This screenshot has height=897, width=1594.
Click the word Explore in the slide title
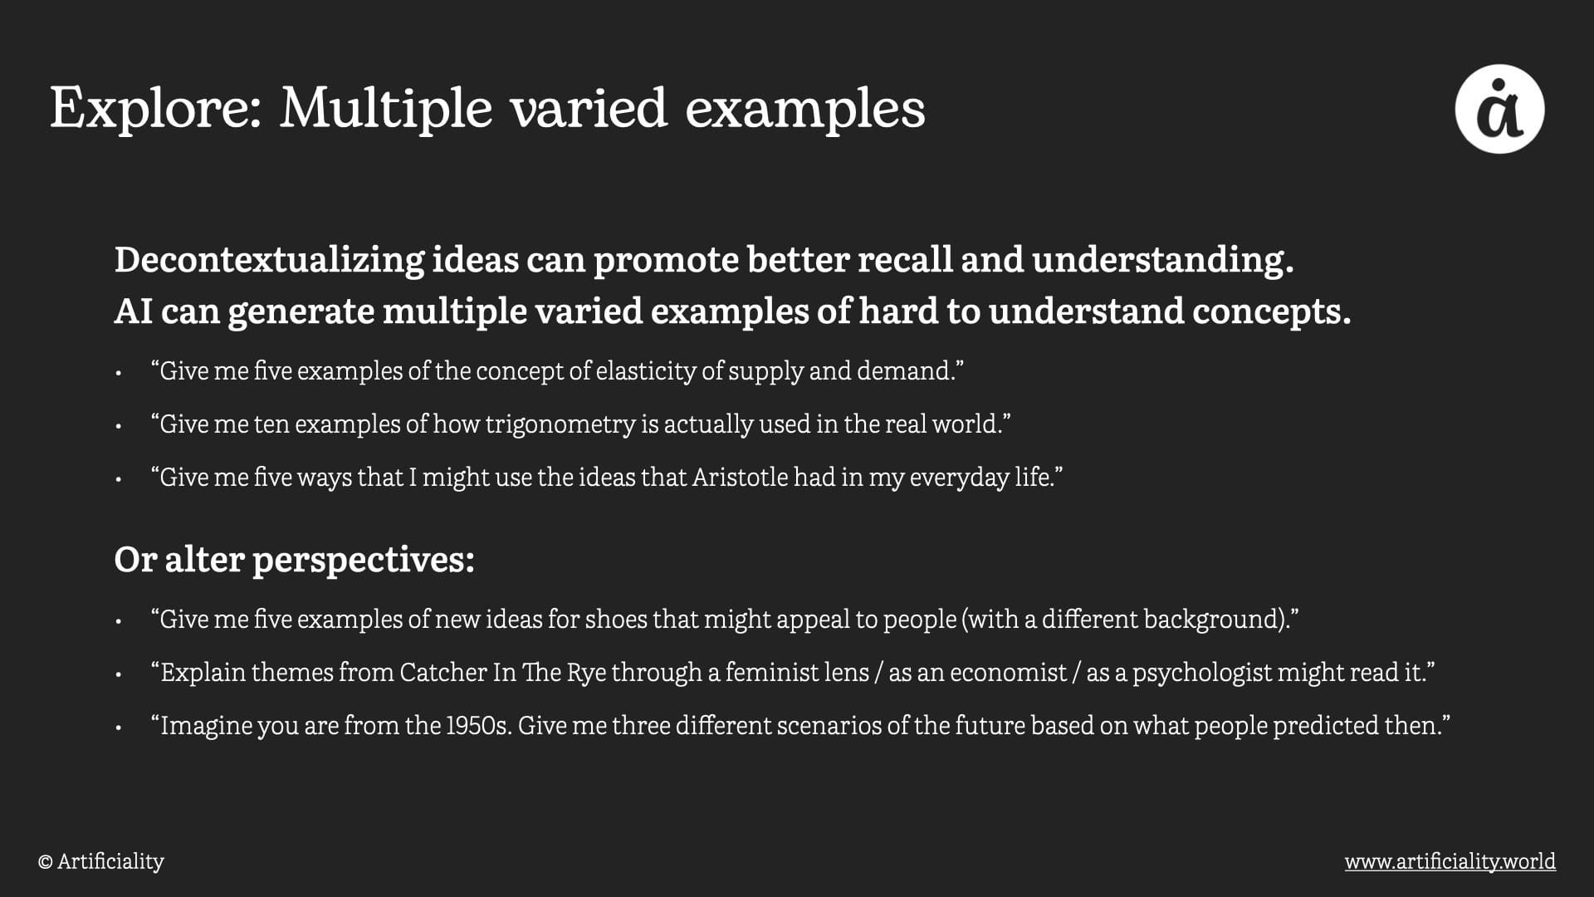click(156, 108)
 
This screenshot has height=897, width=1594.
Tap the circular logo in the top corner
click(1499, 109)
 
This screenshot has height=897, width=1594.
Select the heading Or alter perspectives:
click(294, 561)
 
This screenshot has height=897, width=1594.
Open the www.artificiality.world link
click(1450, 861)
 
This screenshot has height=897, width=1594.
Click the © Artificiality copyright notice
click(100, 861)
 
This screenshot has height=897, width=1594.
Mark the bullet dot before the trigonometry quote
click(119, 427)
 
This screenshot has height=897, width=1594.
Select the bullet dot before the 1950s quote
click(119, 728)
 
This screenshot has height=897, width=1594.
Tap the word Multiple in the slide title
click(386, 108)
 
